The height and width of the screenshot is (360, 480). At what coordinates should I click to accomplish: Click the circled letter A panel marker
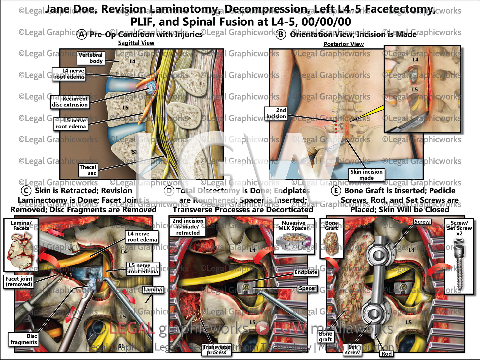(82, 34)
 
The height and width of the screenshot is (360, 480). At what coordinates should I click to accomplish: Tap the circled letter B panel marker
(281, 34)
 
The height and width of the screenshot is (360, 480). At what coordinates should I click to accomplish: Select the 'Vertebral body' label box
(90, 58)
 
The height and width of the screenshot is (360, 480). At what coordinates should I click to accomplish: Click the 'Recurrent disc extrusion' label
(70, 102)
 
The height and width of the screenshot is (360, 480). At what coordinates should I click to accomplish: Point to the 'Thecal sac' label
(88, 170)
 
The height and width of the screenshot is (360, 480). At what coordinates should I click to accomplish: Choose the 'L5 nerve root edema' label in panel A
(71, 124)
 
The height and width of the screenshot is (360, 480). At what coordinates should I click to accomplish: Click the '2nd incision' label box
(276, 113)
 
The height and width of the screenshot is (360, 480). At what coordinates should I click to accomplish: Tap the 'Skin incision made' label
(366, 175)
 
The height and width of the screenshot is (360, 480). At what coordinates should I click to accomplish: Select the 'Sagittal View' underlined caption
(136, 43)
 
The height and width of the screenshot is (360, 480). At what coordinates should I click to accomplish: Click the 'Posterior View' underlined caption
(343, 44)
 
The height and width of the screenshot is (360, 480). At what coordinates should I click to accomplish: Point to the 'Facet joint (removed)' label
(19, 281)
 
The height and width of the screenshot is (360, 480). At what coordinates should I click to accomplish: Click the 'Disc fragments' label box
(24, 339)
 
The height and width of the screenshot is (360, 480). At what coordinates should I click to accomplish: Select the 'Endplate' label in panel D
(306, 272)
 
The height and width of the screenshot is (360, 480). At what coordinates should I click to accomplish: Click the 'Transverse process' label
(217, 350)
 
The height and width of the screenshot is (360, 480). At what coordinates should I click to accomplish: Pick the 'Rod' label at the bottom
(387, 354)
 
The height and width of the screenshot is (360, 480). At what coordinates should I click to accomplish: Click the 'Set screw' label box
(352, 350)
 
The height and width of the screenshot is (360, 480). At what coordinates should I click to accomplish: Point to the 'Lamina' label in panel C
(153, 290)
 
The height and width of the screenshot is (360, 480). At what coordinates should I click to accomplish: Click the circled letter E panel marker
(336, 191)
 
